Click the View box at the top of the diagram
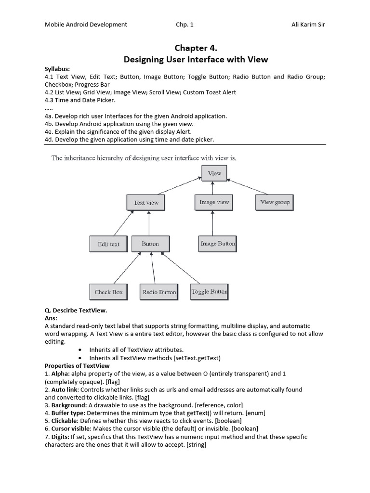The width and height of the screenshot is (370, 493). (x=214, y=173)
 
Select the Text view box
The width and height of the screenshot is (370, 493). (x=146, y=203)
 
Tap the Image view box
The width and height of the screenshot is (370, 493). (x=214, y=202)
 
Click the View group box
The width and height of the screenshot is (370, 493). (x=275, y=202)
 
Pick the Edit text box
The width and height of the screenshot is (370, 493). (x=108, y=244)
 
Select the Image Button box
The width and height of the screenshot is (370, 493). (x=217, y=244)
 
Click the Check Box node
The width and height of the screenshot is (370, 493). (x=108, y=292)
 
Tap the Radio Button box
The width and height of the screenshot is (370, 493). (x=159, y=292)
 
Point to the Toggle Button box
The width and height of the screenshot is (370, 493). (x=209, y=291)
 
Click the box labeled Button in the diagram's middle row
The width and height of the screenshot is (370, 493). (x=150, y=244)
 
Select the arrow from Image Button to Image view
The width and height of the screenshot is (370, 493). (x=212, y=223)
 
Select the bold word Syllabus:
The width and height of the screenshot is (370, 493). (x=58, y=69)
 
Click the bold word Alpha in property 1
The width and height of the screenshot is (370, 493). (x=60, y=374)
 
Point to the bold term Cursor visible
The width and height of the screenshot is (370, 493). (x=71, y=428)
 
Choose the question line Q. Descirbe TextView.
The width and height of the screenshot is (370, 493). (x=76, y=311)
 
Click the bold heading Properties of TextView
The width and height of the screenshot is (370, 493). (x=77, y=366)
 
